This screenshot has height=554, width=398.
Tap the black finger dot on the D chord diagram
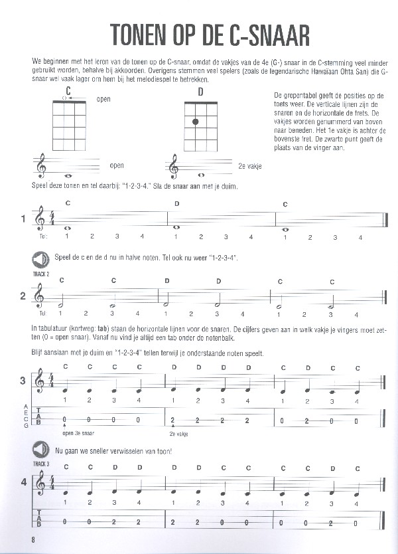point(196,122)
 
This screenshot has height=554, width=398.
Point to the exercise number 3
point(23,381)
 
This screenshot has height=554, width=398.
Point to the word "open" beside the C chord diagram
point(103,100)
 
